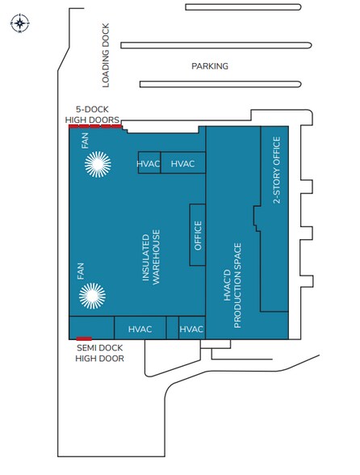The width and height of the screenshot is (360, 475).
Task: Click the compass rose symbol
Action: click(20, 23)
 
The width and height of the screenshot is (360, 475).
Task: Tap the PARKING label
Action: click(210, 66)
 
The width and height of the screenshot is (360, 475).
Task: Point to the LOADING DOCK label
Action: click(106, 56)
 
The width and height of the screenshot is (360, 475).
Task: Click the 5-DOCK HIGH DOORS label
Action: click(92, 115)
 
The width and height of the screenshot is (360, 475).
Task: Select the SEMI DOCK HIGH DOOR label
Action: click(99, 353)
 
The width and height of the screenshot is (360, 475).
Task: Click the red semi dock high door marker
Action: click(84, 338)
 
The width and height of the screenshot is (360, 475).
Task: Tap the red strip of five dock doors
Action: click(95, 126)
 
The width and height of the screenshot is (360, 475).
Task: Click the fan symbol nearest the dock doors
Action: click(98, 164)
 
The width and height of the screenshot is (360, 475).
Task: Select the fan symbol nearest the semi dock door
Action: click(92, 296)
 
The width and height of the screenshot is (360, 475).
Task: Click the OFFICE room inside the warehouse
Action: click(198, 235)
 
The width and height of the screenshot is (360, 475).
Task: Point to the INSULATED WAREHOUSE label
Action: click(151, 257)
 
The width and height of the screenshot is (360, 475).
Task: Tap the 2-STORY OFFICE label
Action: click(277, 170)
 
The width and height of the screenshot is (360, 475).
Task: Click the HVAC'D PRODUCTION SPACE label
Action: click(232, 285)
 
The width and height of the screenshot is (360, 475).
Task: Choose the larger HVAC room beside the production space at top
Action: click(183, 162)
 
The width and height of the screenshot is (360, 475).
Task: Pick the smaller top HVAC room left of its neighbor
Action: click(149, 162)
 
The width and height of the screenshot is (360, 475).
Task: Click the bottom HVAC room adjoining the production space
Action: click(192, 327)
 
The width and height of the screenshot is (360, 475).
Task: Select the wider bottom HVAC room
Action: click(140, 327)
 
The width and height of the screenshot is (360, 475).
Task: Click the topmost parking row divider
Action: click(243, 7)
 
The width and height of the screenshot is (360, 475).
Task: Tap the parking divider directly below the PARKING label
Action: click(220, 84)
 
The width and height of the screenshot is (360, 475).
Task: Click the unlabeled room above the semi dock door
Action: click(92, 327)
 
